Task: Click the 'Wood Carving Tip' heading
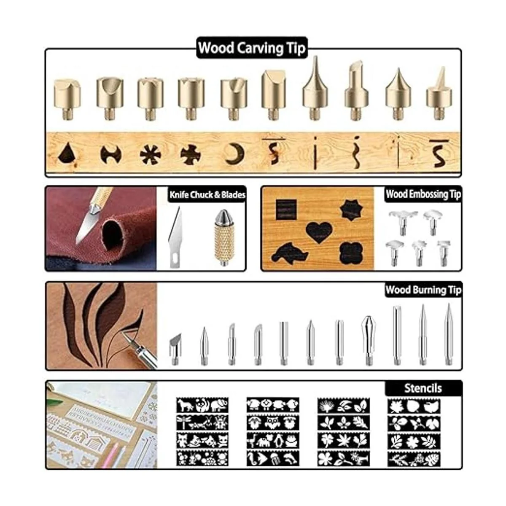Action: pyautogui.click(x=252, y=48)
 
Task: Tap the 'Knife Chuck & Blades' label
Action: pyautogui.click(x=207, y=194)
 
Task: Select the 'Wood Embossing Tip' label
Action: pyautogui.click(x=423, y=194)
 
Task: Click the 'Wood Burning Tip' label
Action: pyautogui.click(x=423, y=290)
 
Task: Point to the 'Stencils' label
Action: pyautogui.click(x=423, y=388)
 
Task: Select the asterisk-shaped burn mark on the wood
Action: pyautogui.click(x=150, y=154)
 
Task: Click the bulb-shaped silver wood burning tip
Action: pyautogui.click(x=368, y=340)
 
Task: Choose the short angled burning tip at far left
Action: pyautogui.click(x=175, y=349)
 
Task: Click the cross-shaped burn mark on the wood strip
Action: pyautogui.click(x=191, y=155)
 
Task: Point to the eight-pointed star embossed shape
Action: pyautogui.click(x=351, y=210)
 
